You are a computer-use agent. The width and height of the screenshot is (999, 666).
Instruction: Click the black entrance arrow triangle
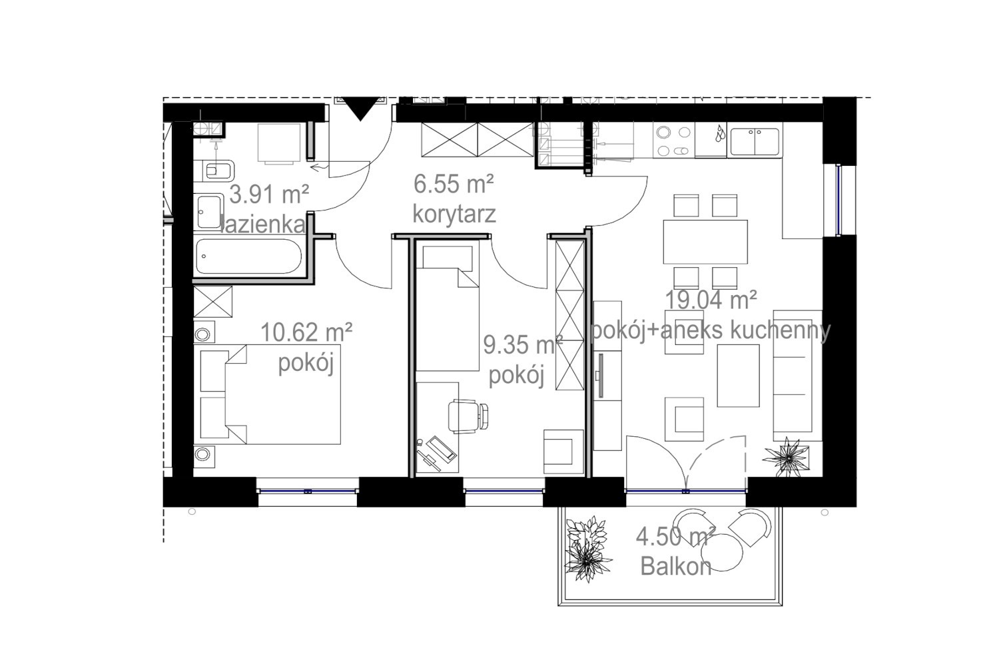(x=360, y=109)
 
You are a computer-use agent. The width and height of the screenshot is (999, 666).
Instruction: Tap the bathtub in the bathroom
(x=248, y=256)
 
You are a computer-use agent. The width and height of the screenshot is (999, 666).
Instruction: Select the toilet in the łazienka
(x=216, y=170)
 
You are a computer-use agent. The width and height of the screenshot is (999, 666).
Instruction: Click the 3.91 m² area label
(x=269, y=195)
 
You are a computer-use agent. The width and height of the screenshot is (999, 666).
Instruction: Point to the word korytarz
(x=454, y=214)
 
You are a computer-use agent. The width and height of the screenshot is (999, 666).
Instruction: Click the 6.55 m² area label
(x=454, y=184)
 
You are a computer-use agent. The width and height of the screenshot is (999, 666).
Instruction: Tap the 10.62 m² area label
(x=306, y=332)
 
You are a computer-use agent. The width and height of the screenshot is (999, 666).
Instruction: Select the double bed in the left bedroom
(x=270, y=394)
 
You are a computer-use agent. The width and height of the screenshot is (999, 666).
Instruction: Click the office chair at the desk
(x=468, y=416)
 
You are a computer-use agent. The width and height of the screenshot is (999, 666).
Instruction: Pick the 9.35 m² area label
(x=523, y=345)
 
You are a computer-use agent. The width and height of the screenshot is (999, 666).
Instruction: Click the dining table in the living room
(x=705, y=242)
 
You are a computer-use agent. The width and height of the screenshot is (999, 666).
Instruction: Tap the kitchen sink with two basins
(x=755, y=142)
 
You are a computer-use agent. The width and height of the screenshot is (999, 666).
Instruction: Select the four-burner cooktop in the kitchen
(x=674, y=141)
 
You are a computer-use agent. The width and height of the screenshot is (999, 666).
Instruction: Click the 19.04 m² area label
(x=711, y=300)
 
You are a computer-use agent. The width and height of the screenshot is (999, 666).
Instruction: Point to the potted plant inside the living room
(x=787, y=456)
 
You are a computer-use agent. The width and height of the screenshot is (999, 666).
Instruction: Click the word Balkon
(x=676, y=567)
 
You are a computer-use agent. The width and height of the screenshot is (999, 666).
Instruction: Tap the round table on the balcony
(x=721, y=552)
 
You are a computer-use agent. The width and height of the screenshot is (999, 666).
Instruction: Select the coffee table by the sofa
(x=738, y=376)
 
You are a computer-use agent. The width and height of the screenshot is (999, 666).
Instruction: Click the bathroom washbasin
(x=208, y=212)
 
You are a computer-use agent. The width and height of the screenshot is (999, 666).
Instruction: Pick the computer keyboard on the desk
(x=441, y=448)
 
